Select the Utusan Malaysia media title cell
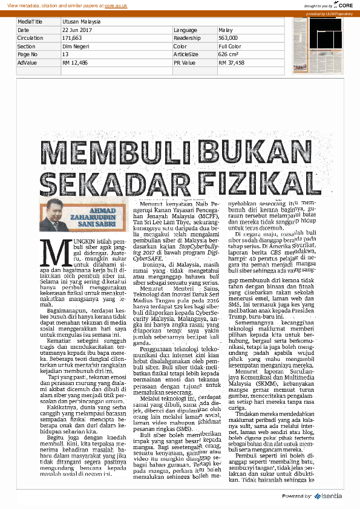coord(81,21)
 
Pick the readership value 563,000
coord(228,37)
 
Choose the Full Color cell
coord(230,46)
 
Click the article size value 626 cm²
coord(229,54)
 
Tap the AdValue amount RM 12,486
coord(75,62)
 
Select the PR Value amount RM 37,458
coord(232,62)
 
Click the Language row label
coord(185,30)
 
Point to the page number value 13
coord(65,54)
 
